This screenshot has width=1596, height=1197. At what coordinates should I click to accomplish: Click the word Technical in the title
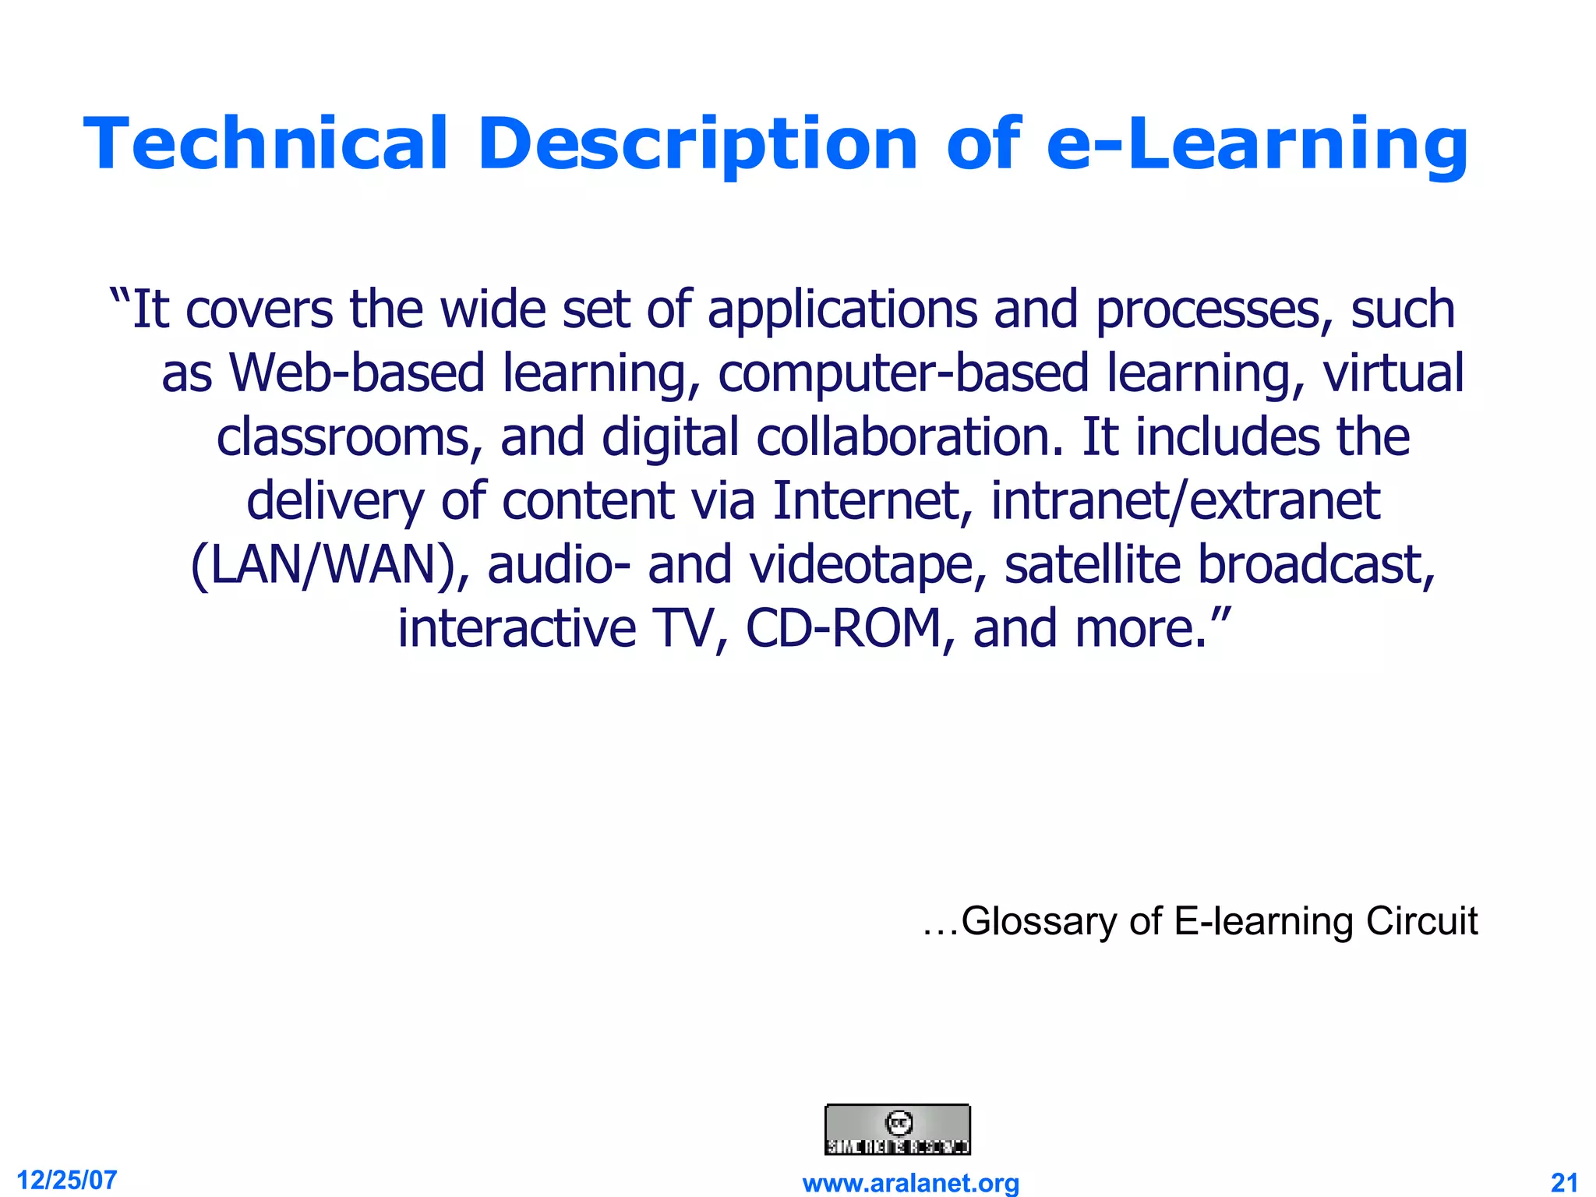tap(266, 143)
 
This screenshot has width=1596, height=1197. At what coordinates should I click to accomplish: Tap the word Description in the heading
tap(698, 145)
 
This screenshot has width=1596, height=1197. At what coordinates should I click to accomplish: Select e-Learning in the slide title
tap(1257, 145)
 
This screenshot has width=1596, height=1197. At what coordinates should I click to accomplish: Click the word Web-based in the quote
tap(357, 373)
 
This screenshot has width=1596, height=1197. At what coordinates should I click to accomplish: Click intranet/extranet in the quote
tap(1185, 500)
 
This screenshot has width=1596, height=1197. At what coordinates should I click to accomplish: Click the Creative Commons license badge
tap(897, 1129)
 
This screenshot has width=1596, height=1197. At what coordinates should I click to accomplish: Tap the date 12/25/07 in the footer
tap(67, 1180)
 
